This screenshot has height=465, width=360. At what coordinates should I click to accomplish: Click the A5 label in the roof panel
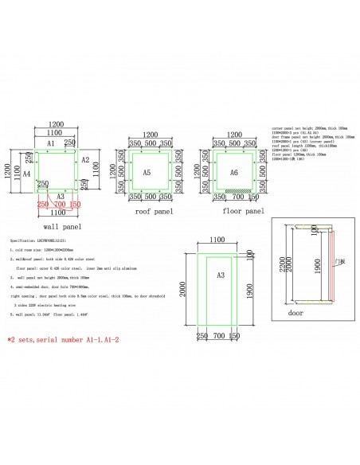(147, 172)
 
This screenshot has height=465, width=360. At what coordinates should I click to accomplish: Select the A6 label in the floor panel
(233, 172)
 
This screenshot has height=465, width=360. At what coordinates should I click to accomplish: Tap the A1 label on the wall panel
(49, 144)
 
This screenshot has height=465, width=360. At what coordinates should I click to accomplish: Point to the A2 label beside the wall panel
(85, 159)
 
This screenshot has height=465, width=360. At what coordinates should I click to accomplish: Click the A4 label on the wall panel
(26, 172)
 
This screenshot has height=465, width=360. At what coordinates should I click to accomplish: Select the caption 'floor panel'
(242, 213)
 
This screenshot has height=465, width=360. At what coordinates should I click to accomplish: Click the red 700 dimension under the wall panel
(57, 204)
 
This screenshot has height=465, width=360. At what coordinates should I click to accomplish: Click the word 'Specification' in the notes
(22, 239)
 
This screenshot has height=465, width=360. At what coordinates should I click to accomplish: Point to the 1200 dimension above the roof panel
(147, 137)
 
